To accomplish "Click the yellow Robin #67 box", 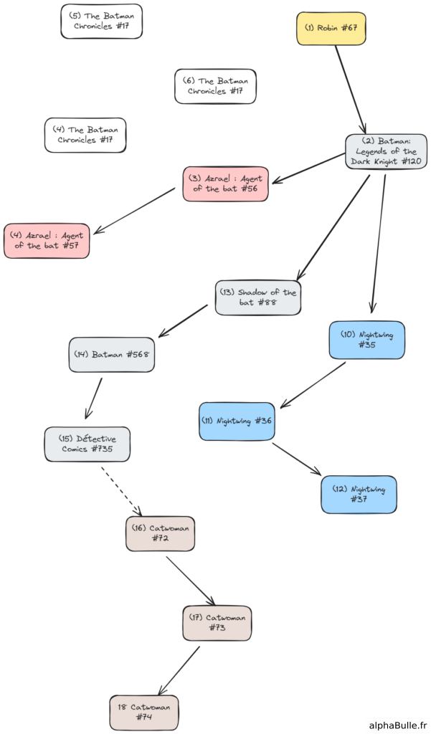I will (331, 29).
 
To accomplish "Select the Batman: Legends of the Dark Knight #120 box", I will (386, 152).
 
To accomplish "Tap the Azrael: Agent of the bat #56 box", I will (225, 183).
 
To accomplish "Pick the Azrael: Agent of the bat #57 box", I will (47, 241).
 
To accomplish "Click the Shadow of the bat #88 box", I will (257, 297).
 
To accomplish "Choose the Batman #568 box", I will (111, 354).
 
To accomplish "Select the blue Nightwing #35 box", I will (366, 340).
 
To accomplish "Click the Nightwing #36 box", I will (237, 421).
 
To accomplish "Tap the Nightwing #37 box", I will (359, 495).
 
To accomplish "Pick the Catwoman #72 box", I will (160, 533).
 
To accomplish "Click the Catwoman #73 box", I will (217, 623).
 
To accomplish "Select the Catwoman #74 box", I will (144, 712).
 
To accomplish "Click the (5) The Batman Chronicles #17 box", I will (101, 21).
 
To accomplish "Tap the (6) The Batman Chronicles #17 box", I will (215, 86).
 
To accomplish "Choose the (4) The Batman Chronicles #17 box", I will (85, 135).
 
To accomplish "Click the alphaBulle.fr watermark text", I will (397, 725).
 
